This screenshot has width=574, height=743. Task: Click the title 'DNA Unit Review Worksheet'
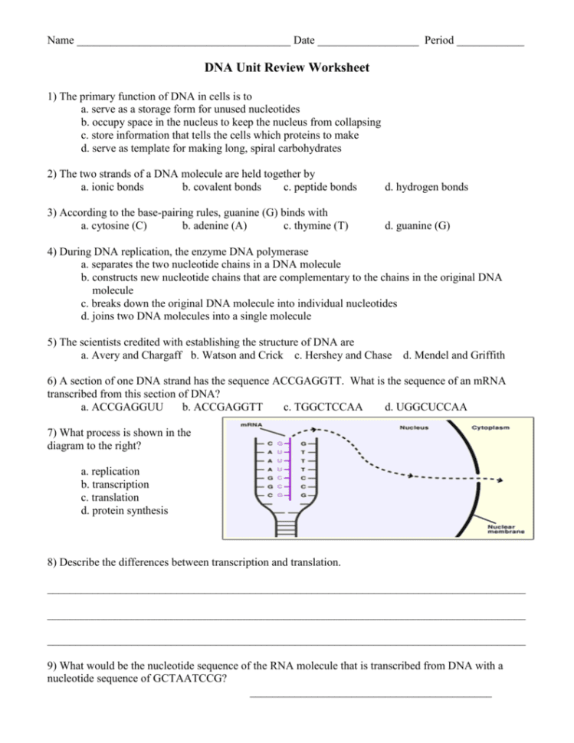tap(287, 68)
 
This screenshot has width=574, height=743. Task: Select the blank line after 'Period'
tap(490, 41)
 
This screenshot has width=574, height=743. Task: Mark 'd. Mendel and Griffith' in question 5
tap(454, 355)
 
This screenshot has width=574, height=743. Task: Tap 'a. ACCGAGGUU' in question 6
tap(121, 407)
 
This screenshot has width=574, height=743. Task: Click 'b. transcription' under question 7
tap(115, 485)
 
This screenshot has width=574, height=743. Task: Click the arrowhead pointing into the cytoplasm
tap(499, 481)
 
